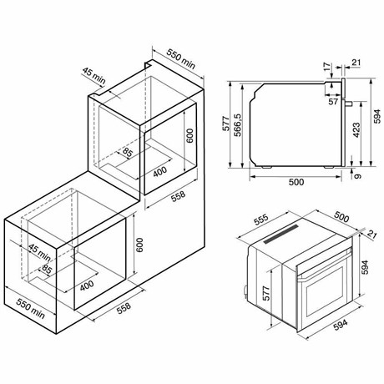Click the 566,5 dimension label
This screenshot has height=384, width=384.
pos(238,124)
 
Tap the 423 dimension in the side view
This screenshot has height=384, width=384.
pos(356,130)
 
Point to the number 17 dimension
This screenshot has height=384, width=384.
pos(328,66)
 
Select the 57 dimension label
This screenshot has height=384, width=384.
pos(333,102)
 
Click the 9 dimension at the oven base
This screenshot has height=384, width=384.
pos(358,176)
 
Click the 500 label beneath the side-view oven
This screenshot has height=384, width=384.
pos(296,182)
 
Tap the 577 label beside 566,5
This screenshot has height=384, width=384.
pos(226,124)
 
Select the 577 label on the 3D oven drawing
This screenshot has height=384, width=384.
pos(266,293)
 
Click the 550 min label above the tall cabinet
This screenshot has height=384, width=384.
pos(181,59)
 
